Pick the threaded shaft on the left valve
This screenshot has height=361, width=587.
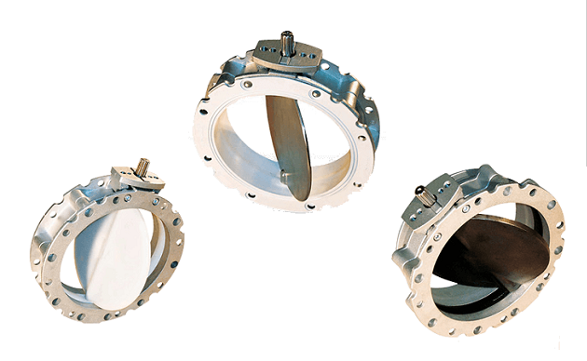[x=143, y=166]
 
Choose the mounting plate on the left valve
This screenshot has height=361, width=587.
[x=125, y=178]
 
